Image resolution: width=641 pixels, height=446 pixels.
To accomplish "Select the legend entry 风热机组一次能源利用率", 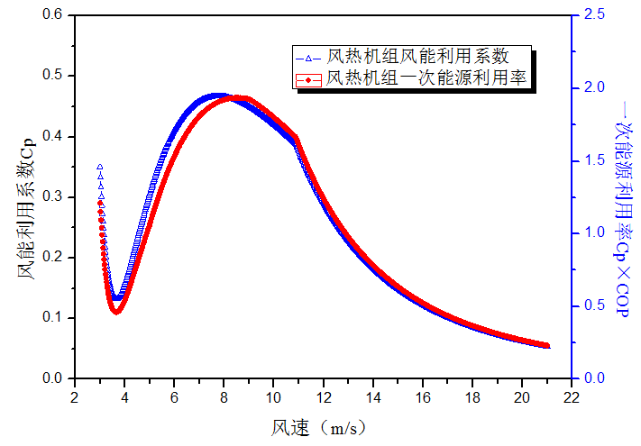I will click(x=428, y=79).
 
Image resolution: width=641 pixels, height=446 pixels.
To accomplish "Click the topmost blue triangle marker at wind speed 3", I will click(x=99, y=167).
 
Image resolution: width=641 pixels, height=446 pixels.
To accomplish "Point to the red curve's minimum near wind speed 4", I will click(x=115, y=311).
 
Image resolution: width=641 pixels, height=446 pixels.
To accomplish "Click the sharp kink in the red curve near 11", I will click(x=296, y=139).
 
